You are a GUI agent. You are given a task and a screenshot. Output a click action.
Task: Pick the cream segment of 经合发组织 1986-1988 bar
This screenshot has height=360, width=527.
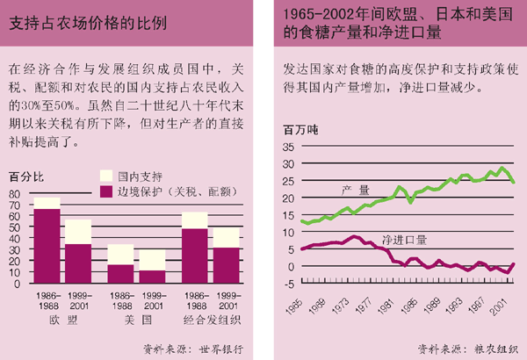point(195,220)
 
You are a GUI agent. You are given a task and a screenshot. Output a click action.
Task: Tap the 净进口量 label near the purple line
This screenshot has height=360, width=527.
point(404,239)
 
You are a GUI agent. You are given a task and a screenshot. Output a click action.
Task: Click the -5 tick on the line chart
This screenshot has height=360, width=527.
point(289,283)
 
